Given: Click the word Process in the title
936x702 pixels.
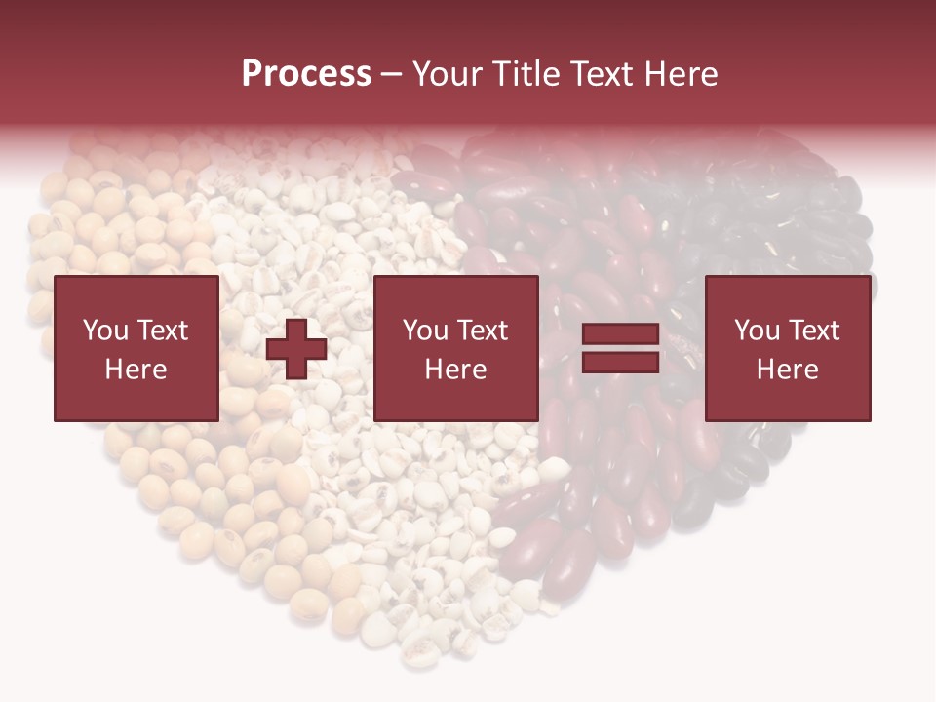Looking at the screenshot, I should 306,74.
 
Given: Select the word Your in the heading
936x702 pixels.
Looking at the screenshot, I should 449,74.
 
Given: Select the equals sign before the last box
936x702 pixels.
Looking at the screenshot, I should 620,349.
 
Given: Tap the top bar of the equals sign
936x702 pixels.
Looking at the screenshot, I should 620,335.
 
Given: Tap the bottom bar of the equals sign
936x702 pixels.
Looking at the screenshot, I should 620,363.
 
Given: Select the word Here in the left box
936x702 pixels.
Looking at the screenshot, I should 136,370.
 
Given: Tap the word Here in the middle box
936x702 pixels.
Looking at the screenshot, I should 455,370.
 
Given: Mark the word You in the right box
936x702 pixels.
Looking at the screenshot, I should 758,331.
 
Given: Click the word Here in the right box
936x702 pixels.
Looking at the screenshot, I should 788,370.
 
